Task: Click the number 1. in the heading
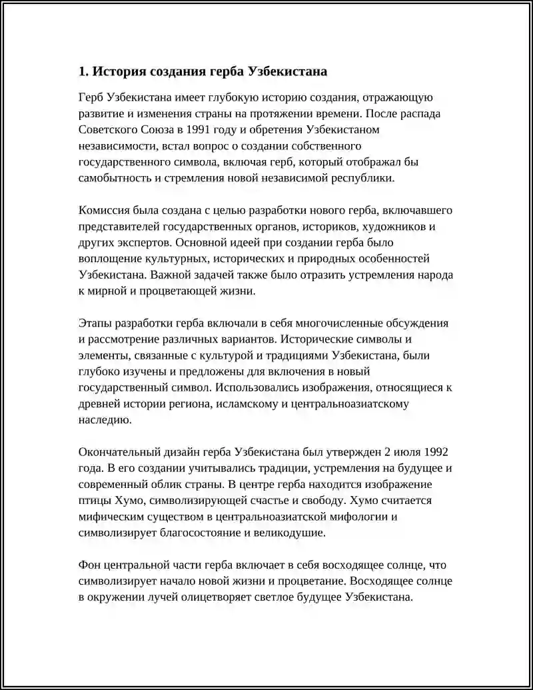[x=83, y=71]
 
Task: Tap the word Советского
[x=108, y=129]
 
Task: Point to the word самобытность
[x=111, y=178]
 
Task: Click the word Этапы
[x=95, y=323]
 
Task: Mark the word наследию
[x=101, y=419]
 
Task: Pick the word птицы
[x=93, y=500]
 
